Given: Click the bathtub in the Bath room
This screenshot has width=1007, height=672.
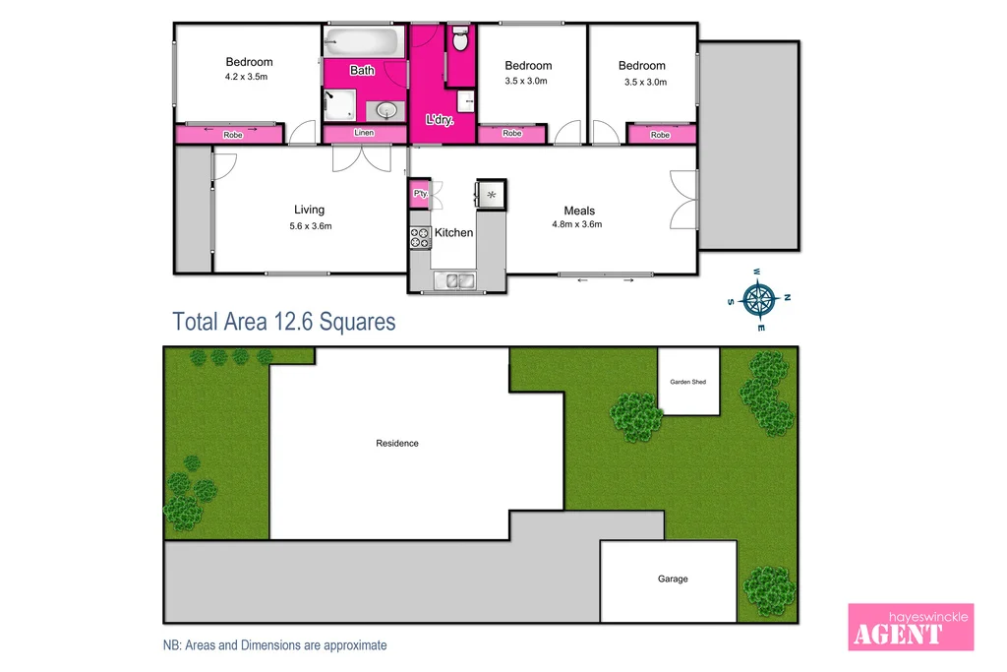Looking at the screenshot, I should point(364,42).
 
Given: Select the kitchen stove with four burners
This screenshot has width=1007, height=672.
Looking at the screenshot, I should point(420,236).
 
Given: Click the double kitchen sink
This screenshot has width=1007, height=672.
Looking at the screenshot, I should point(458,281).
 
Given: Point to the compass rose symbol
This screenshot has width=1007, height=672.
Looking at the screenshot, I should point(759,297).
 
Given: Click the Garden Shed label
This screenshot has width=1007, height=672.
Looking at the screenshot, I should point(687,382).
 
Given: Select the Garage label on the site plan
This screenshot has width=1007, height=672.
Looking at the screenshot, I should point(673,580).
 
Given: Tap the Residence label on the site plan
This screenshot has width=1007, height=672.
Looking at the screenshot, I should point(397,444).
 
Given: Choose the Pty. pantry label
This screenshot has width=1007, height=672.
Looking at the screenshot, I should point(419,194).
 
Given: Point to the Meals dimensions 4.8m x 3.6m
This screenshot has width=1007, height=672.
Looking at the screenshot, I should point(578,224).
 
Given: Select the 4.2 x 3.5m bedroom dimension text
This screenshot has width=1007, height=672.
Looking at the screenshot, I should point(248,77).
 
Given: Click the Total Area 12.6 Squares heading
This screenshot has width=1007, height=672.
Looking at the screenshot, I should point(283,322).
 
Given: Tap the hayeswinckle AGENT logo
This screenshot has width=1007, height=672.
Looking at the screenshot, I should point(911,627).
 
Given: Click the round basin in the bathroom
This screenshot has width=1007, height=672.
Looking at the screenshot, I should point(386,109).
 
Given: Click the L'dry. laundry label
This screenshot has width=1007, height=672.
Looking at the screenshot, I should point(439,119).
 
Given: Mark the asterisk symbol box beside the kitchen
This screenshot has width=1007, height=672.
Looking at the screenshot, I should point(491,195).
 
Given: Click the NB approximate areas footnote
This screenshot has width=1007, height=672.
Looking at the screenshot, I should point(274,645).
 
